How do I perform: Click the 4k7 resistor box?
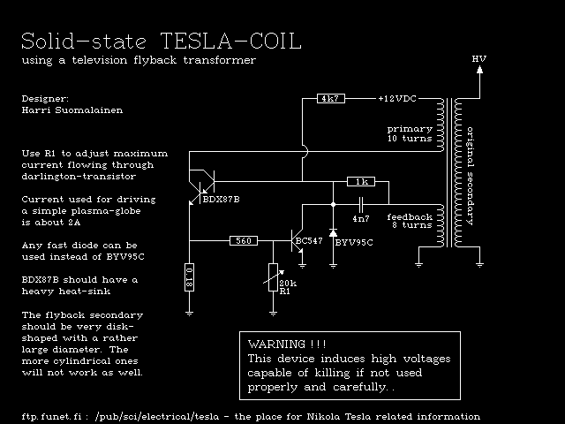[331, 99]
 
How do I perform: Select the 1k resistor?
[359, 181]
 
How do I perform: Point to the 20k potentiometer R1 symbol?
[273, 278]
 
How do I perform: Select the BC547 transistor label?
[310, 240]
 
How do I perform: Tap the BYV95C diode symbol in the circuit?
[332, 234]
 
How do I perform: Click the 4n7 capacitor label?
[360, 218]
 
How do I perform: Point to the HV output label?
[479, 60]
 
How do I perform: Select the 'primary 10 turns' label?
[409, 134]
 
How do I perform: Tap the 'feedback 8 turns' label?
[410, 221]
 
